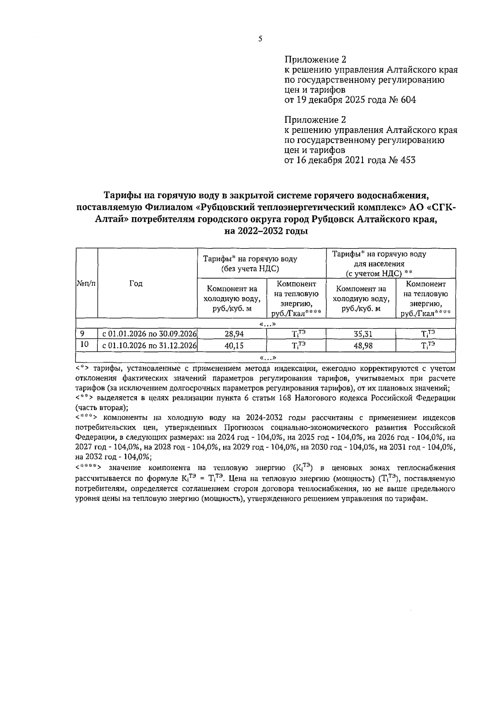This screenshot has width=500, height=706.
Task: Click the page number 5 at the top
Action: [260, 39]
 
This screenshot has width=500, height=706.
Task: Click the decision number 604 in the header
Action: [408, 100]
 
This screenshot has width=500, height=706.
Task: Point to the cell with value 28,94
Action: [231, 334]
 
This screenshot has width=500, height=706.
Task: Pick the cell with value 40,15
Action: [231, 346]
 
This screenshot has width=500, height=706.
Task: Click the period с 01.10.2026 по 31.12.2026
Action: [147, 346]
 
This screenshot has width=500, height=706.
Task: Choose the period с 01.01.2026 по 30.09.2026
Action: [147, 334]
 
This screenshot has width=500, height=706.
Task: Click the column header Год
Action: [136, 283]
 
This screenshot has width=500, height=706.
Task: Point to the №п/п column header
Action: [86, 283]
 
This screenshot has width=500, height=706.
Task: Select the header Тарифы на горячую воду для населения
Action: [378, 264]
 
